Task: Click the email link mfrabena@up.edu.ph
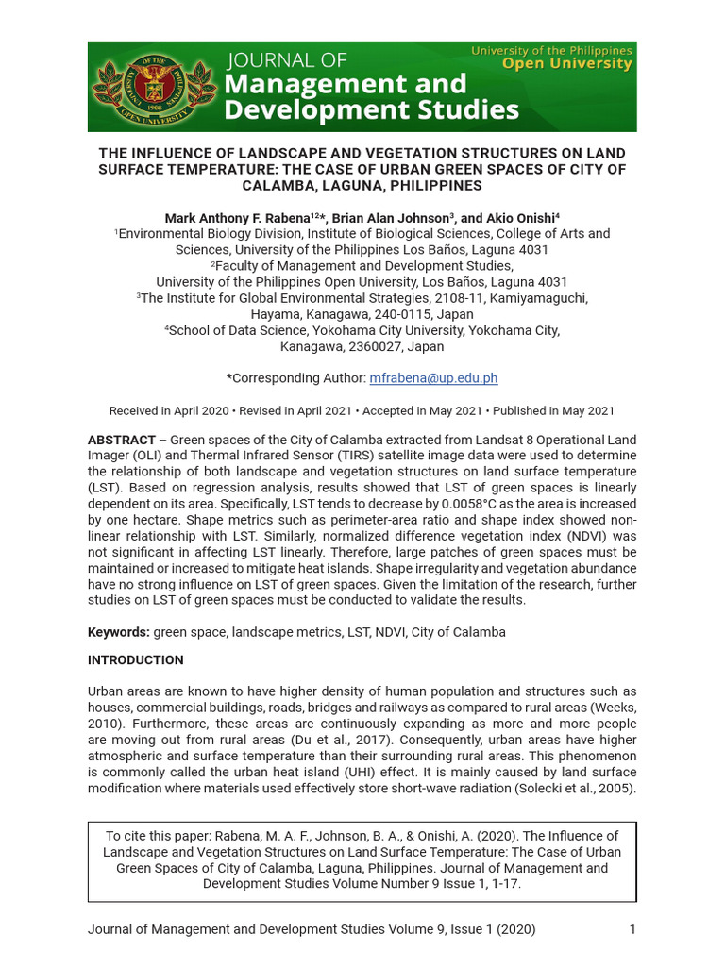(433, 378)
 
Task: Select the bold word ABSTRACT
(121, 441)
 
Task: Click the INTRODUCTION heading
(135, 660)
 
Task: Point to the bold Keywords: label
(119, 632)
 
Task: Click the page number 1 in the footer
(632, 929)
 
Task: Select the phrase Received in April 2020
(169, 411)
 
